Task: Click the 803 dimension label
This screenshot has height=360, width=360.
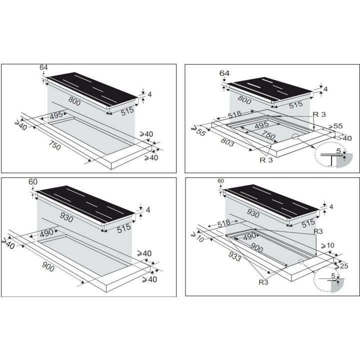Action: click(x=227, y=142)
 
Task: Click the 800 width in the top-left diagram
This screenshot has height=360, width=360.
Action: click(x=74, y=101)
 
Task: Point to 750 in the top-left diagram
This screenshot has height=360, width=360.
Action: click(x=54, y=145)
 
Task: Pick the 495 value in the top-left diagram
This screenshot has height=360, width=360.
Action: click(x=56, y=115)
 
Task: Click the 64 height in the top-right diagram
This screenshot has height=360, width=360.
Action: click(x=224, y=73)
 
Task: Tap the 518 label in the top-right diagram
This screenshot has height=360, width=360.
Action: click(x=234, y=114)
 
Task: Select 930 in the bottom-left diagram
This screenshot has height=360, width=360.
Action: click(x=66, y=217)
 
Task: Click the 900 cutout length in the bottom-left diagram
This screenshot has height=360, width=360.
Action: click(x=48, y=267)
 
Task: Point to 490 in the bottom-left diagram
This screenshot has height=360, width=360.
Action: click(x=46, y=234)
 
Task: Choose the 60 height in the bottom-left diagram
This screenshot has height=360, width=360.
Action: click(x=33, y=181)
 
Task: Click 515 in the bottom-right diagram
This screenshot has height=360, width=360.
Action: click(x=308, y=223)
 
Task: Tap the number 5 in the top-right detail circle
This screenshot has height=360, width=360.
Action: click(x=338, y=151)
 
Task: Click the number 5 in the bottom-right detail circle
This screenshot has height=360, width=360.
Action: click(x=333, y=275)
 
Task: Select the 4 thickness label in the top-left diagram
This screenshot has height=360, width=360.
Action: click(x=149, y=94)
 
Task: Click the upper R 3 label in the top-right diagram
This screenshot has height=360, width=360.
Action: click(x=319, y=114)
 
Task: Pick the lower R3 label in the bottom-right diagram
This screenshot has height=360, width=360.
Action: click(x=263, y=282)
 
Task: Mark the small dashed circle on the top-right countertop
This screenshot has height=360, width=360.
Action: click(x=295, y=136)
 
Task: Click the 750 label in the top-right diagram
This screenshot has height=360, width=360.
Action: click(x=268, y=135)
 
